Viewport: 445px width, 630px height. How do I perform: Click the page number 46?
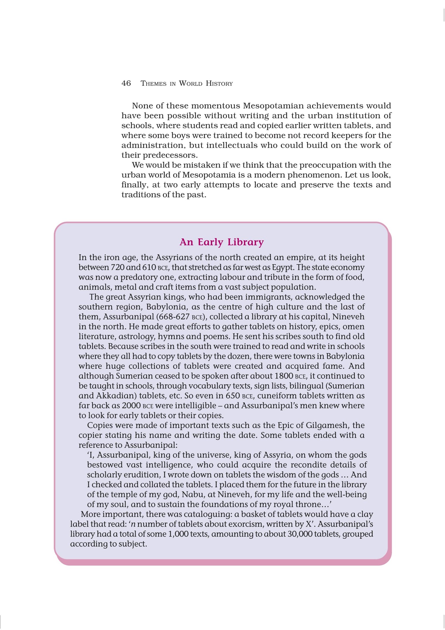tap(126, 83)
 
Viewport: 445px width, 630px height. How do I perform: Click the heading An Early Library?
tap(221, 242)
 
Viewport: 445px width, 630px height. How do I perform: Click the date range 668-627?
tap(172, 317)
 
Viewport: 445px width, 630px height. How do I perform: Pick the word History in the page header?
tap(219, 83)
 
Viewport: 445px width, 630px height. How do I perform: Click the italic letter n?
tap(133, 524)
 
